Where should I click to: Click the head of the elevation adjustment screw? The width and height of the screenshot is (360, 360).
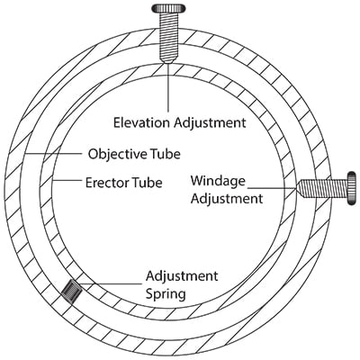point(167,8)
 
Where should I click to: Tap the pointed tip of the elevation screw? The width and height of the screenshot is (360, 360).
point(168,62)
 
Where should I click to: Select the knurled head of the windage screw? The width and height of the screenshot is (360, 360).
point(352,188)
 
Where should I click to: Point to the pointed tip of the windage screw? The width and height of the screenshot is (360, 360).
point(296,188)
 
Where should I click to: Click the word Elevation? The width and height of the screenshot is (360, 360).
point(141,122)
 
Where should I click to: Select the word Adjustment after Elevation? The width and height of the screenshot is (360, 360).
point(210,122)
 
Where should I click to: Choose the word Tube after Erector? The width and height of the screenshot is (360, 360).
point(147,183)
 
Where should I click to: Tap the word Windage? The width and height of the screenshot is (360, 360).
point(218,181)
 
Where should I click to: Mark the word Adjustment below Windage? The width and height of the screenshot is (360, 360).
point(227,199)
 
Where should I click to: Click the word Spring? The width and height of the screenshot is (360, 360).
point(166,293)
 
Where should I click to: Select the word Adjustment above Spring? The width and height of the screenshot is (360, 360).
point(182,275)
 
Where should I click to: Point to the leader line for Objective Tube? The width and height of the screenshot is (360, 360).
point(53,154)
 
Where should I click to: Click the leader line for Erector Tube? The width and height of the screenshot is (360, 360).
point(67,181)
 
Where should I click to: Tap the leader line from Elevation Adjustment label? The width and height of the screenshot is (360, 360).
point(168,87)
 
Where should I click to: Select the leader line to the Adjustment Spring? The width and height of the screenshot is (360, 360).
point(110,283)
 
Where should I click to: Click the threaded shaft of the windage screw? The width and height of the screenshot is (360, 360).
point(323,188)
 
